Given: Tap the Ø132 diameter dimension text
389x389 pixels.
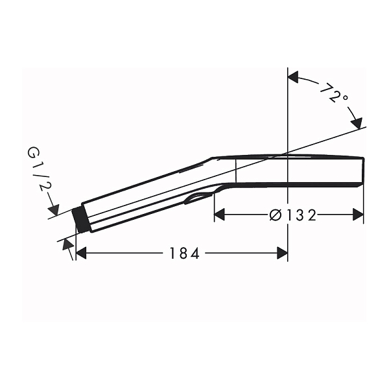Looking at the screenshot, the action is click(x=293, y=215).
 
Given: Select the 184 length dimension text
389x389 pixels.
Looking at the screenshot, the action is click(x=184, y=253).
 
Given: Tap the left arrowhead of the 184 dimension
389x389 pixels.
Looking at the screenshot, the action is click(x=81, y=253).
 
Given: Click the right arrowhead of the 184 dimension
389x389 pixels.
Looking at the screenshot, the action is click(x=282, y=253).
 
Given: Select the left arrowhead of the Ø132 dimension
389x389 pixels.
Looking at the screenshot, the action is click(x=219, y=215).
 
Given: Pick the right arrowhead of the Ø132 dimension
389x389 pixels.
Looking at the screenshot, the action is click(x=359, y=215).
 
